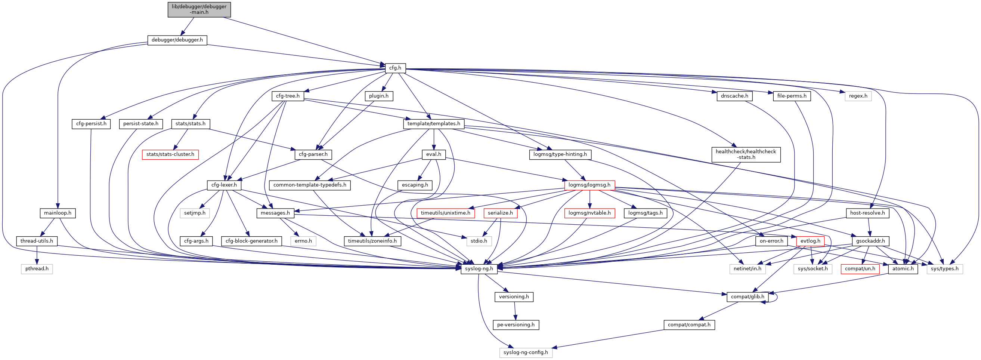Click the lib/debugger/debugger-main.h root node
click(199, 9)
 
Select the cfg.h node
click(395, 68)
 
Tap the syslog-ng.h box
click(479, 268)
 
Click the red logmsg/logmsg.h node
click(589, 185)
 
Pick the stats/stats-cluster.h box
click(170, 154)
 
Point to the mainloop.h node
click(58, 213)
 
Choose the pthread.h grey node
click(37, 268)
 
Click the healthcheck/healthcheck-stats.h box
click(746, 154)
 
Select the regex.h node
click(858, 96)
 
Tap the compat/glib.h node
click(747, 297)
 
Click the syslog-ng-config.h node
click(526, 353)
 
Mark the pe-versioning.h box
click(516, 324)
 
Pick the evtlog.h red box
click(810, 241)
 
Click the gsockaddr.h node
click(870, 241)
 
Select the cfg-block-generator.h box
click(251, 241)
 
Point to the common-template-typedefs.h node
click(310, 185)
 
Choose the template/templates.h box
click(433, 123)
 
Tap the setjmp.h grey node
click(195, 213)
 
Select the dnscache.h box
click(734, 96)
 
